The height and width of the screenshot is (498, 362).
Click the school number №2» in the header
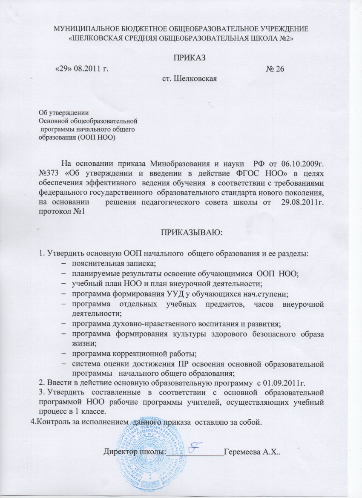(284, 37)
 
